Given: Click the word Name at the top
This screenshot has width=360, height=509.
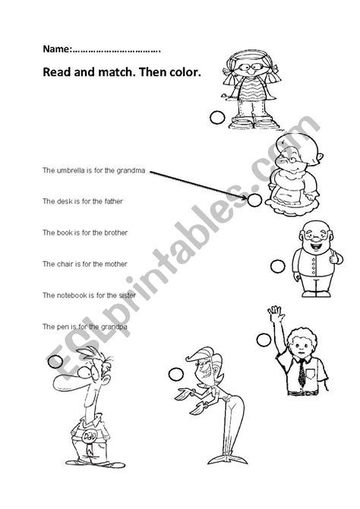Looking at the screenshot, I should coord(55,49).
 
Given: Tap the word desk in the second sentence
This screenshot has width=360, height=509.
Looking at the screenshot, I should coord(62,201).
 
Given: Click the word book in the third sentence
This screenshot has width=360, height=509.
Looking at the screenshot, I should coord(63,232).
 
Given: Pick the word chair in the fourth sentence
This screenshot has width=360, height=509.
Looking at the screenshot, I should coord(63,264).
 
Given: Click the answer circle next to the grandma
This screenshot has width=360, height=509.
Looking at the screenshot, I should coord(254,200).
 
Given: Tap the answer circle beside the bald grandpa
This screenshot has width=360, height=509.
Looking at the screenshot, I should coord(277,266).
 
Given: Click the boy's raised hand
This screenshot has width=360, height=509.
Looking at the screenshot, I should coord(292,312).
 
